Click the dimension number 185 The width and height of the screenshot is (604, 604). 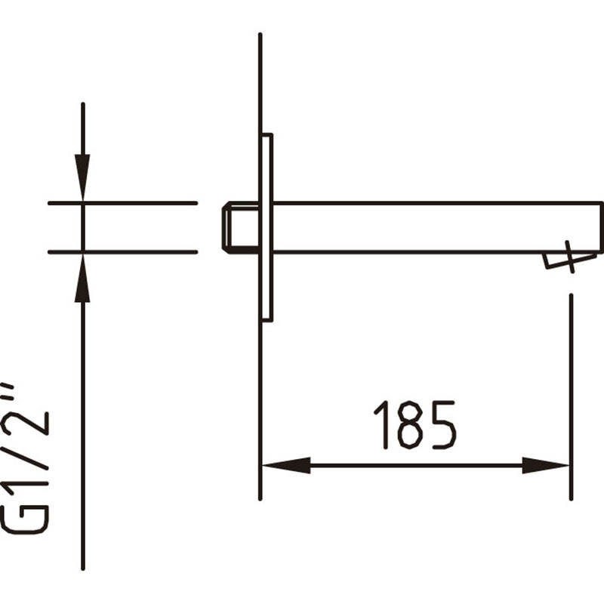click(x=415, y=425)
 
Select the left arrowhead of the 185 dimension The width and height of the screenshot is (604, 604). click(x=286, y=465)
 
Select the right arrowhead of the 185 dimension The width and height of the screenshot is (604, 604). click(x=546, y=465)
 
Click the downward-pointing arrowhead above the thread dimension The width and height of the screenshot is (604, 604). click(x=82, y=177)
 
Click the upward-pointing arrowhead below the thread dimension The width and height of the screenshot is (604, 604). click(x=82, y=277)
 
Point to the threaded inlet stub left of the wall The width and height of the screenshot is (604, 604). click(x=241, y=228)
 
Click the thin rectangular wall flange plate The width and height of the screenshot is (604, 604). click(x=267, y=228)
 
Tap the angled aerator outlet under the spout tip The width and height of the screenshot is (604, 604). click(x=570, y=260)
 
